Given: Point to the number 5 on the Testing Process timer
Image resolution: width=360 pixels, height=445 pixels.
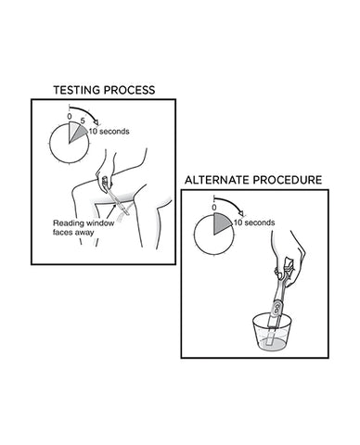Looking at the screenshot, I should pyautogui.click(x=83, y=119).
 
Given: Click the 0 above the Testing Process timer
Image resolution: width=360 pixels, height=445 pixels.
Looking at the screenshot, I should pyautogui.click(x=69, y=117).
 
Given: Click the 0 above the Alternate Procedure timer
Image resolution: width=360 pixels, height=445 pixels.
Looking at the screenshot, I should pyautogui.click(x=214, y=209).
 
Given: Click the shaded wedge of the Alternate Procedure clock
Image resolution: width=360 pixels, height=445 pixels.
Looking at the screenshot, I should pyautogui.click(x=222, y=223).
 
